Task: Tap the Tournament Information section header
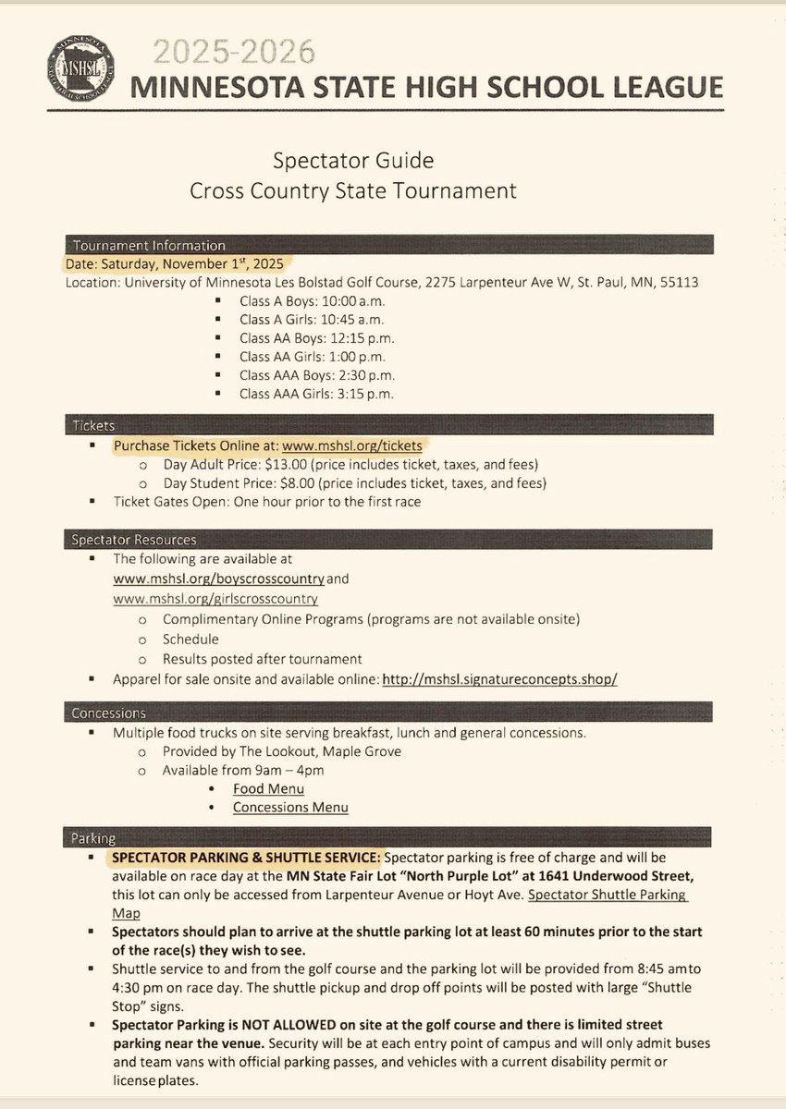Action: point(145,246)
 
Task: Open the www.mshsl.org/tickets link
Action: point(351,445)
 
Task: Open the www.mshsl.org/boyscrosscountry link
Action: point(218,580)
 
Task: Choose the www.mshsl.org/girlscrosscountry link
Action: point(208,599)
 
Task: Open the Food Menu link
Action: point(268,788)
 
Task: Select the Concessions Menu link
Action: point(290,807)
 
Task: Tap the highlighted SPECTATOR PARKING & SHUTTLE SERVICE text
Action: point(245,857)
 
